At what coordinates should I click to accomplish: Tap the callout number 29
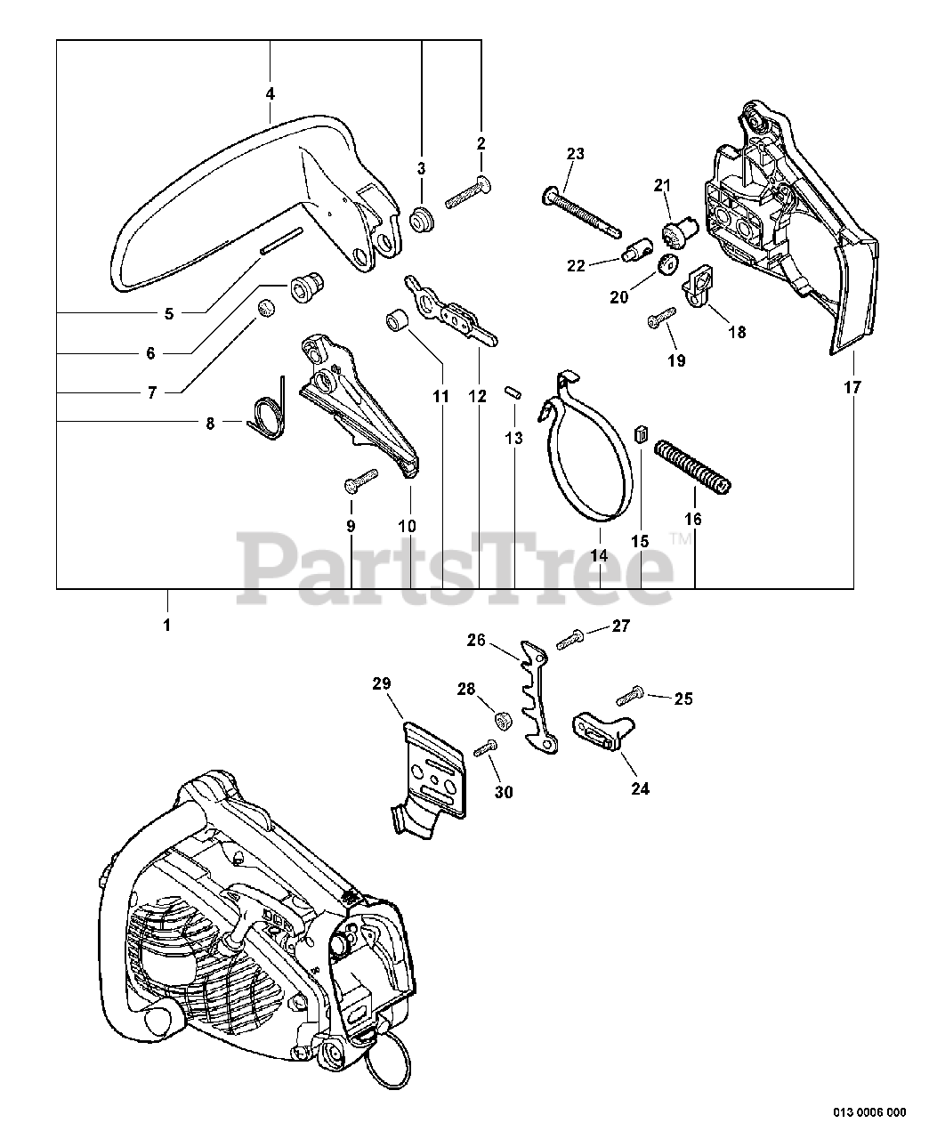coord(382,683)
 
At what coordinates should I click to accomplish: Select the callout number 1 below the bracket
coord(166,625)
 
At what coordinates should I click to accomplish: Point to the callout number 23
coord(575,154)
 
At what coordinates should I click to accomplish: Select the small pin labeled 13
coord(514,391)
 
